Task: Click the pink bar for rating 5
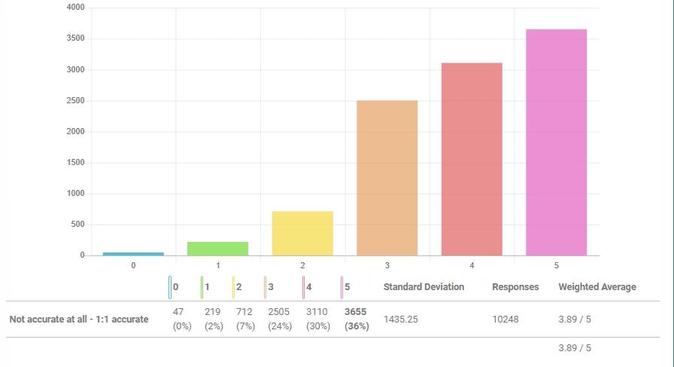556,142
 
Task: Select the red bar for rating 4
472,159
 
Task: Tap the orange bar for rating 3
387,178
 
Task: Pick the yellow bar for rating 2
302,233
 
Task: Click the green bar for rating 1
217,249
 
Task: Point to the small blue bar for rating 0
133,254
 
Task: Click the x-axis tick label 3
387,265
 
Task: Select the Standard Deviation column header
424,287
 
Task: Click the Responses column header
515,287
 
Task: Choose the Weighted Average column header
597,287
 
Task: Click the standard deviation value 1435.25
401,320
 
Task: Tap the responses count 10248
506,320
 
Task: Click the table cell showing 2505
280,312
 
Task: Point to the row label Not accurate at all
78,320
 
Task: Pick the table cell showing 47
178,312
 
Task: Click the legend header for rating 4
308,287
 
